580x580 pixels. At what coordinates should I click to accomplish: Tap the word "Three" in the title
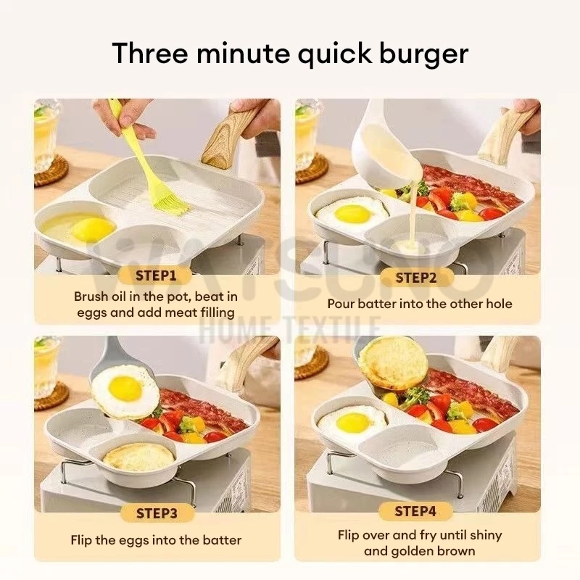[150, 52]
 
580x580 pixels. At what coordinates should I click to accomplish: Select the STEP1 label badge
[156, 275]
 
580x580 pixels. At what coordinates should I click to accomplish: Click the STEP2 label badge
[416, 278]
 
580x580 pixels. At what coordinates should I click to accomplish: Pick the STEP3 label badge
[157, 513]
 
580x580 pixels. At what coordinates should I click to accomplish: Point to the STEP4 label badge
[415, 511]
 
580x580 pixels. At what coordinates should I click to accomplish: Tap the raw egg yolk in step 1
[93, 229]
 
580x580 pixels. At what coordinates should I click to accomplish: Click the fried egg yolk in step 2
[352, 214]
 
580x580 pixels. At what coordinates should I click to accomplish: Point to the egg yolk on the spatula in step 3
[125, 389]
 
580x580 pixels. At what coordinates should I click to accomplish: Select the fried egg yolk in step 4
[353, 423]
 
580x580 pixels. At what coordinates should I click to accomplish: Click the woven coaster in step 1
[51, 172]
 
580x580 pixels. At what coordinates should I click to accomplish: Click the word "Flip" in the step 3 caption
[81, 540]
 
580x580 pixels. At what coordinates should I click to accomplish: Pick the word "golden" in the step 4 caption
[413, 551]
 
